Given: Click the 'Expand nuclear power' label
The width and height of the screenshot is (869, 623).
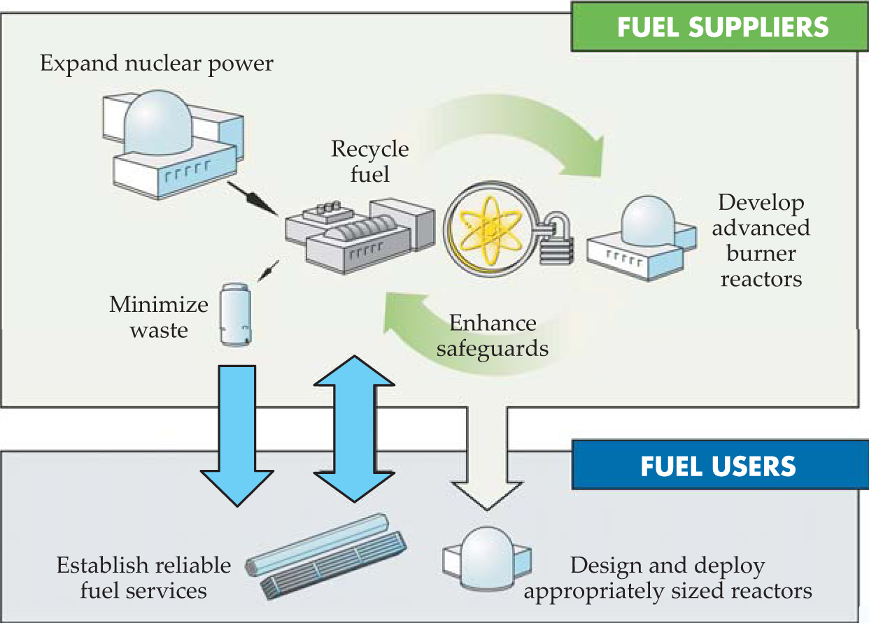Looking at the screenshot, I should pyautogui.click(x=156, y=64).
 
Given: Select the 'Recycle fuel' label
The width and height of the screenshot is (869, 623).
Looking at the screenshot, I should pyautogui.click(x=369, y=161).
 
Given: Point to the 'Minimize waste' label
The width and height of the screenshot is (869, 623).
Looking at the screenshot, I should pyautogui.click(x=159, y=317).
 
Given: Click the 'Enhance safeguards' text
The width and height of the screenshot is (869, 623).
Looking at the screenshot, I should pyautogui.click(x=492, y=336).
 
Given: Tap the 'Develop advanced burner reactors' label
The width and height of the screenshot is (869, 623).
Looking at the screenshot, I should pyautogui.click(x=761, y=241).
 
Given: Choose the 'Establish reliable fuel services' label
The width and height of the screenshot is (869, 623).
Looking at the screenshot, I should pyautogui.click(x=143, y=577).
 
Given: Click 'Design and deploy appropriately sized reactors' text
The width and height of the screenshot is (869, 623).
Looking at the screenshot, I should pyautogui.click(x=667, y=578).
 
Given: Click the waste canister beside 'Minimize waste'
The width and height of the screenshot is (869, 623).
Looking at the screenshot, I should pyautogui.click(x=234, y=314).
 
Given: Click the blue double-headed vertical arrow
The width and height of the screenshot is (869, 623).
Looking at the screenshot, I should pyautogui.click(x=354, y=428).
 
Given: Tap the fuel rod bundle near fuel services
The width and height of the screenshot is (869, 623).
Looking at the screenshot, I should pyautogui.click(x=326, y=554).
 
